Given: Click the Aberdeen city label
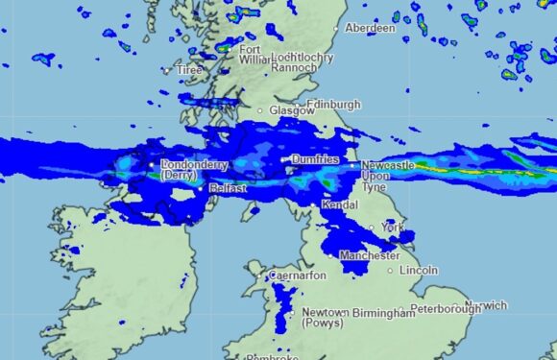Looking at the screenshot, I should coord(370,29).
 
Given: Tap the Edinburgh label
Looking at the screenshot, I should coord(334,105).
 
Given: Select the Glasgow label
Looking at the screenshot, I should coord(292,111).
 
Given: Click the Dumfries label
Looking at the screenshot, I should coord(315,159).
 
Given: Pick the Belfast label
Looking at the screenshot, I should coord(228,189).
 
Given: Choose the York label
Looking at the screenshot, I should coord(390,228).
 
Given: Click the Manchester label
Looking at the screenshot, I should coord(370,256).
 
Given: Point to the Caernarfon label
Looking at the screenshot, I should coord(299,276).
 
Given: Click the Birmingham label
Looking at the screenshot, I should coord(375,313).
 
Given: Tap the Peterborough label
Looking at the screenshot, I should coord(446,310).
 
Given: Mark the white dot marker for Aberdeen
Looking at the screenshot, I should coord(337,29).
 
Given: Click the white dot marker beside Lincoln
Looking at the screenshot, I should coord(390,271).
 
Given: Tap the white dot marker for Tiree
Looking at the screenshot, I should coord(167,70).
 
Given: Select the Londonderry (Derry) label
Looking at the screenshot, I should coord(188,170).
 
